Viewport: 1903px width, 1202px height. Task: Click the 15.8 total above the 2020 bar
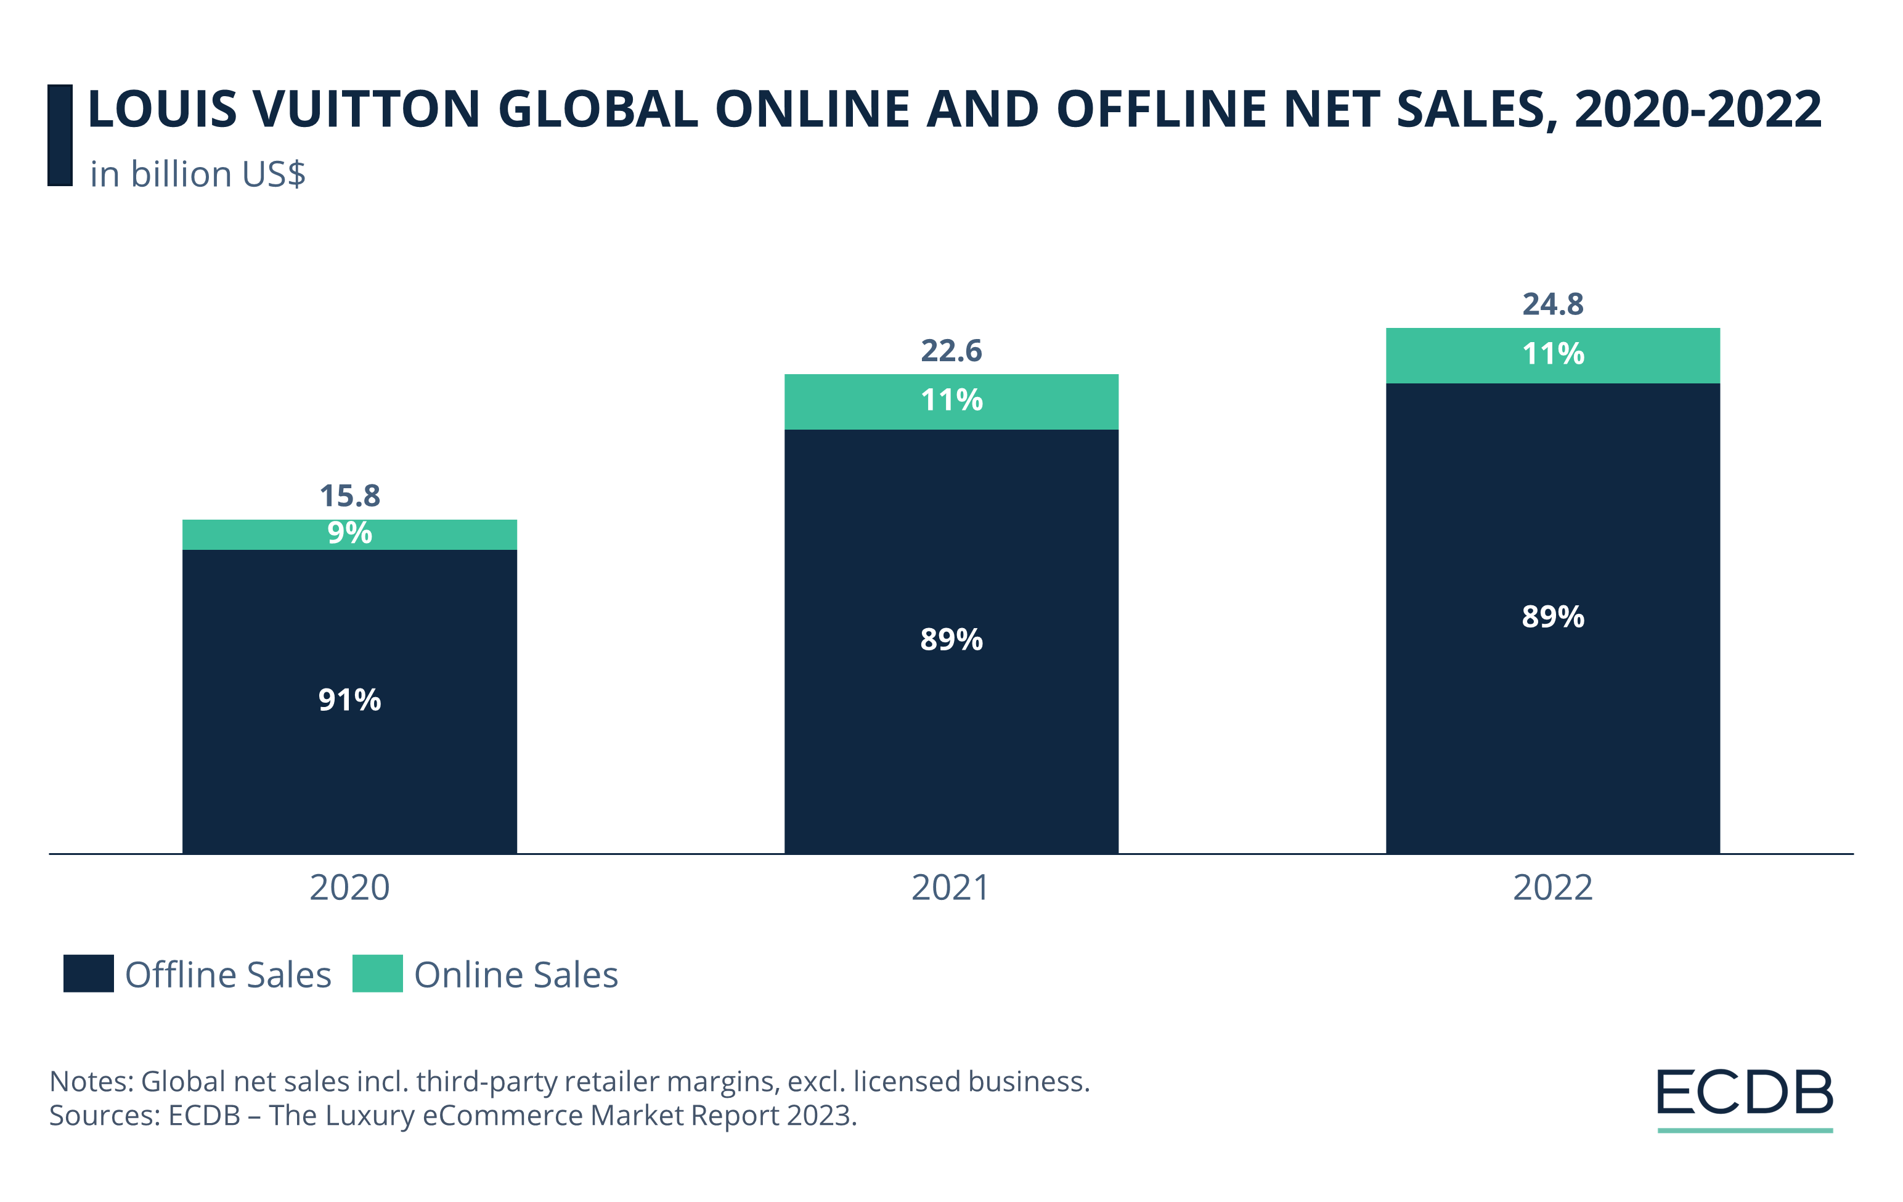tap(349, 496)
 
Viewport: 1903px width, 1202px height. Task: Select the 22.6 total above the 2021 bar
tap(951, 351)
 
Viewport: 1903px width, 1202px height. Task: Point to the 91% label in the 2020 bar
tap(349, 700)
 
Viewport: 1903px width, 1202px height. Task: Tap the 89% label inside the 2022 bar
tap(1552, 617)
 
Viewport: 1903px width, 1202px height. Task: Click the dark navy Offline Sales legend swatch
tap(89, 973)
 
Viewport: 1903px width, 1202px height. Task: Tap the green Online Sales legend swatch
tap(377, 973)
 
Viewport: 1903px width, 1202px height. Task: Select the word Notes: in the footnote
tap(92, 1081)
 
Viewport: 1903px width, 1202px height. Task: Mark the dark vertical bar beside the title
tap(60, 135)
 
